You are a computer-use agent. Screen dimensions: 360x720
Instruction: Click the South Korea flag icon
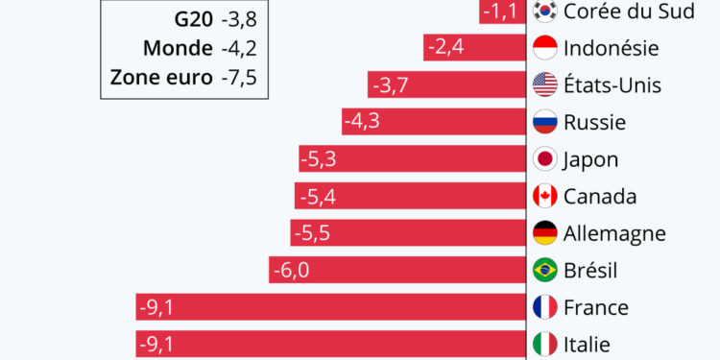[545, 11]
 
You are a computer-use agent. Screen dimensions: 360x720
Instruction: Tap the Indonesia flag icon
[545, 48]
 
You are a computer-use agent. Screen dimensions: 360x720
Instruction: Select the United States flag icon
[545, 84]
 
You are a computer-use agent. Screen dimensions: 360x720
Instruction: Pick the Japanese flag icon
[545, 159]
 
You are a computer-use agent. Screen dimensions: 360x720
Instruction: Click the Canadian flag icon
[545, 197]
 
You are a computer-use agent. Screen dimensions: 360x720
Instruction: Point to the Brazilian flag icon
[545, 271]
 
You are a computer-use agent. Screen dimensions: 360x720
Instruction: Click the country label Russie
[594, 123]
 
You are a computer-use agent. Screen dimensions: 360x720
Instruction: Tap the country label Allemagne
[614, 234]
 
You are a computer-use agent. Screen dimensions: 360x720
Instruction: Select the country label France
[596, 308]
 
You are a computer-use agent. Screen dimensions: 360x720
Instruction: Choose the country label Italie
[587, 345]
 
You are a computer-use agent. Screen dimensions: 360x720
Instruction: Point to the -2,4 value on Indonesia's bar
[446, 48]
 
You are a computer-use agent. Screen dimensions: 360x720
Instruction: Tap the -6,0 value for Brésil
[291, 271]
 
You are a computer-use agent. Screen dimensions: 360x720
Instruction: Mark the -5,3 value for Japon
[318, 159]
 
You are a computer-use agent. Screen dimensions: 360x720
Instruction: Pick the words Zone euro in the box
[162, 77]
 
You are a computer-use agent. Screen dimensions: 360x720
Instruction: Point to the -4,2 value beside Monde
[241, 48]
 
